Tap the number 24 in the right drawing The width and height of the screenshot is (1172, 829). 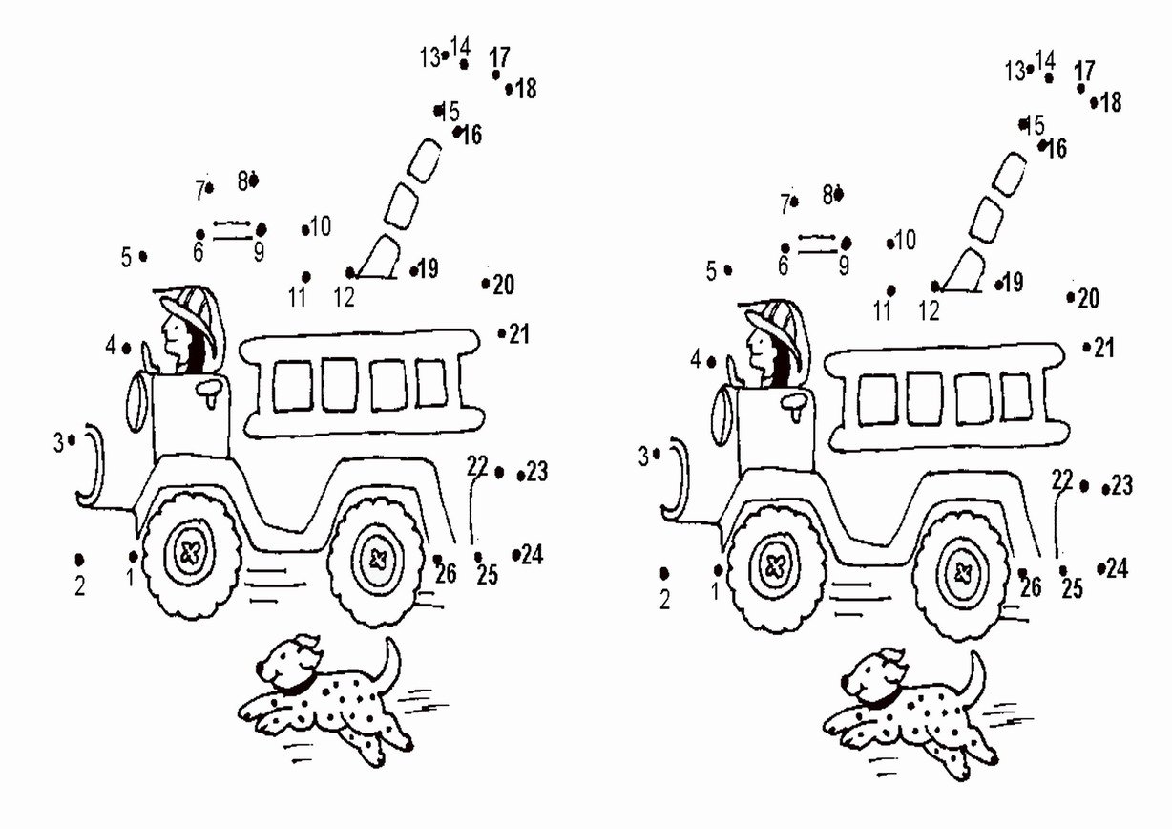[x=1117, y=568]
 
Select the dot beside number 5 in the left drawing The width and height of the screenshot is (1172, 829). [x=143, y=257]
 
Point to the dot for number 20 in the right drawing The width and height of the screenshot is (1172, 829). [x=1071, y=297]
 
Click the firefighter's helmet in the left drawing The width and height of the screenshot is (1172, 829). [x=189, y=313]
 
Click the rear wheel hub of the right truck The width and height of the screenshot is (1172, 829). [x=962, y=573]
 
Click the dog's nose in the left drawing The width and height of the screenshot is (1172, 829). [x=260, y=669]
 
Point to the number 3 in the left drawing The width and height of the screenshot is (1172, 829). [x=58, y=443]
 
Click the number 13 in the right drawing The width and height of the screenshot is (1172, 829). [x=1015, y=72]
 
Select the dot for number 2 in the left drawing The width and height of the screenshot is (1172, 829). [x=79, y=561]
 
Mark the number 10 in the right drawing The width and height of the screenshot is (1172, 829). [x=906, y=241]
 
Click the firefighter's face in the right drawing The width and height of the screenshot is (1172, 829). [x=756, y=344]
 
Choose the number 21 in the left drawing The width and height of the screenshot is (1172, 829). [x=519, y=334]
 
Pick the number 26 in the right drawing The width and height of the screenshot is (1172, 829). [x=1031, y=587]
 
